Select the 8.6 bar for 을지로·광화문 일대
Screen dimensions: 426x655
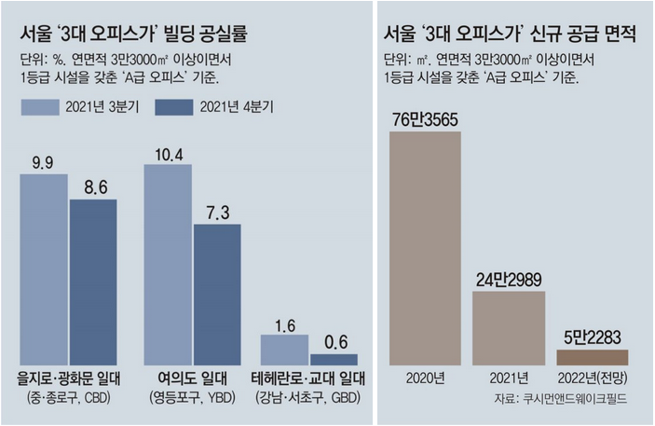click(x=92, y=281)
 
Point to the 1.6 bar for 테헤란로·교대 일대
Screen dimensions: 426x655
click(x=284, y=350)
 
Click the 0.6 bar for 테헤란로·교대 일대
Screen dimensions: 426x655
click(x=334, y=359)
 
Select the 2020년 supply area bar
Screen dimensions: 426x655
click(x=425, y=247)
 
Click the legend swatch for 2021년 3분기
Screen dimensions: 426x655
click(x=39, y=108)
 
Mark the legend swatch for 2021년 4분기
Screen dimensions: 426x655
click(x=172, y=108)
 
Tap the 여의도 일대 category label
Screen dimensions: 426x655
click(x=191, y=379)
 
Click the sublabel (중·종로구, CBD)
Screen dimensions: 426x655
click(x=67, y=398)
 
